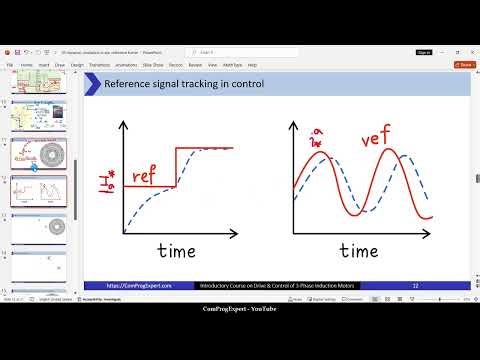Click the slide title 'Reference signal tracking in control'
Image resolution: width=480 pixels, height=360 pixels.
184,85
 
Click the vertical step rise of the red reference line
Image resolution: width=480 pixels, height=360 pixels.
177,166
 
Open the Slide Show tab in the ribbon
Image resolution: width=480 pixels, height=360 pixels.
153,64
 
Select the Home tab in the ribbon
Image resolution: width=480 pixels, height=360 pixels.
26,64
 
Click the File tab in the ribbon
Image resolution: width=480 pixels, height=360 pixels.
9,64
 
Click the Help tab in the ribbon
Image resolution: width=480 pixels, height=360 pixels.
252,64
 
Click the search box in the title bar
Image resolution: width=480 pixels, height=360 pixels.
230,51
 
